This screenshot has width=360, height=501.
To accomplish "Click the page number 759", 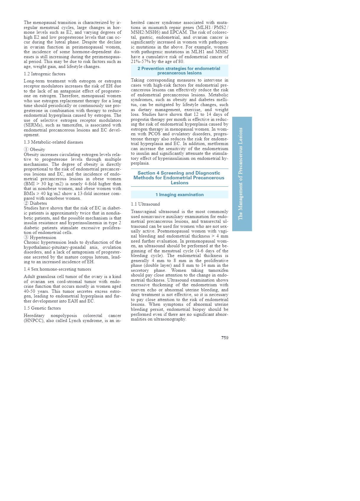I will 225,338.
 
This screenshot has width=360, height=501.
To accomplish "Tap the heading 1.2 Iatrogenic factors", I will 45,74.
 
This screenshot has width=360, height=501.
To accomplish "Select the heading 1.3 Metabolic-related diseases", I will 53,142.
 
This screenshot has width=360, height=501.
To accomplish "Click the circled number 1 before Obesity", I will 26,149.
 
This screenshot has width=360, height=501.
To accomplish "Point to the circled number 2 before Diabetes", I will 26,203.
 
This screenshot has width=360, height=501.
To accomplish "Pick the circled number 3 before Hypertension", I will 26,238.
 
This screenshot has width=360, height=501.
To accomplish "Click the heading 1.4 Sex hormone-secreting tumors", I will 57,269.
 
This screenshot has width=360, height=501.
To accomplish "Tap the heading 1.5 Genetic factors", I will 42,308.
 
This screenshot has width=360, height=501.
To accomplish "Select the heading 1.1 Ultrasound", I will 145,204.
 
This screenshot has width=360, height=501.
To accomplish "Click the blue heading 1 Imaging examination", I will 179,195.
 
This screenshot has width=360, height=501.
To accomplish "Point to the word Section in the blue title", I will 146,173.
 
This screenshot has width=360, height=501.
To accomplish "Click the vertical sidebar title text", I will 241,174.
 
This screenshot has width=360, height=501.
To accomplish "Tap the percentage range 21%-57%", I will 141,61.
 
